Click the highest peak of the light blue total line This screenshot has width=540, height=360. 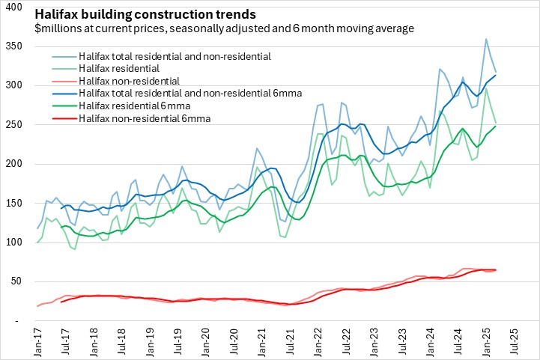click(486, 39)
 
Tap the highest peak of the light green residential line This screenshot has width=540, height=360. click(486, 88)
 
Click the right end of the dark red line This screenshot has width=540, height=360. click(495, 269)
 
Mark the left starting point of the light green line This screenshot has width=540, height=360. click(37, 242)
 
